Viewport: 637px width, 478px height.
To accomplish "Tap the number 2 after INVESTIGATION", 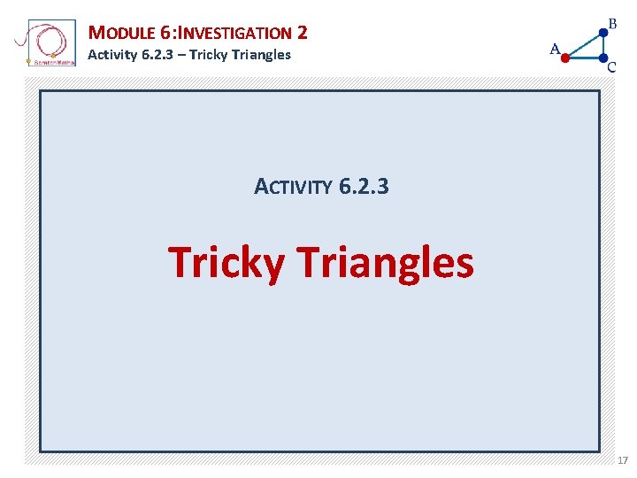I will point(303,34).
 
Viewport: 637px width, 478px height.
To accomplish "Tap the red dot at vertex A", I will point(566,58).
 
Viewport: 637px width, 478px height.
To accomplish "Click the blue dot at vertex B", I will point(603,31).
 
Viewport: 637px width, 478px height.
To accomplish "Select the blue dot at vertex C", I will point(602,58).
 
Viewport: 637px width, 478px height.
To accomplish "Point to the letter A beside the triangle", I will point(556,49).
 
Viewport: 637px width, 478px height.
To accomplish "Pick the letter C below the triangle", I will point(612,67).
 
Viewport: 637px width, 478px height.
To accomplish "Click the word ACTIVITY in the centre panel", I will point(293,188).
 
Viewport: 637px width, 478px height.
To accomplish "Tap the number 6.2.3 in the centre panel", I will point(364,187).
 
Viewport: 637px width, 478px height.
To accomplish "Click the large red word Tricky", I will point(226,263).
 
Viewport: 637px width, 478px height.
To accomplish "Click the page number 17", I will point(623,461).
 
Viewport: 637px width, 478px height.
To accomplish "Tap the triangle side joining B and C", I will point(602,44).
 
